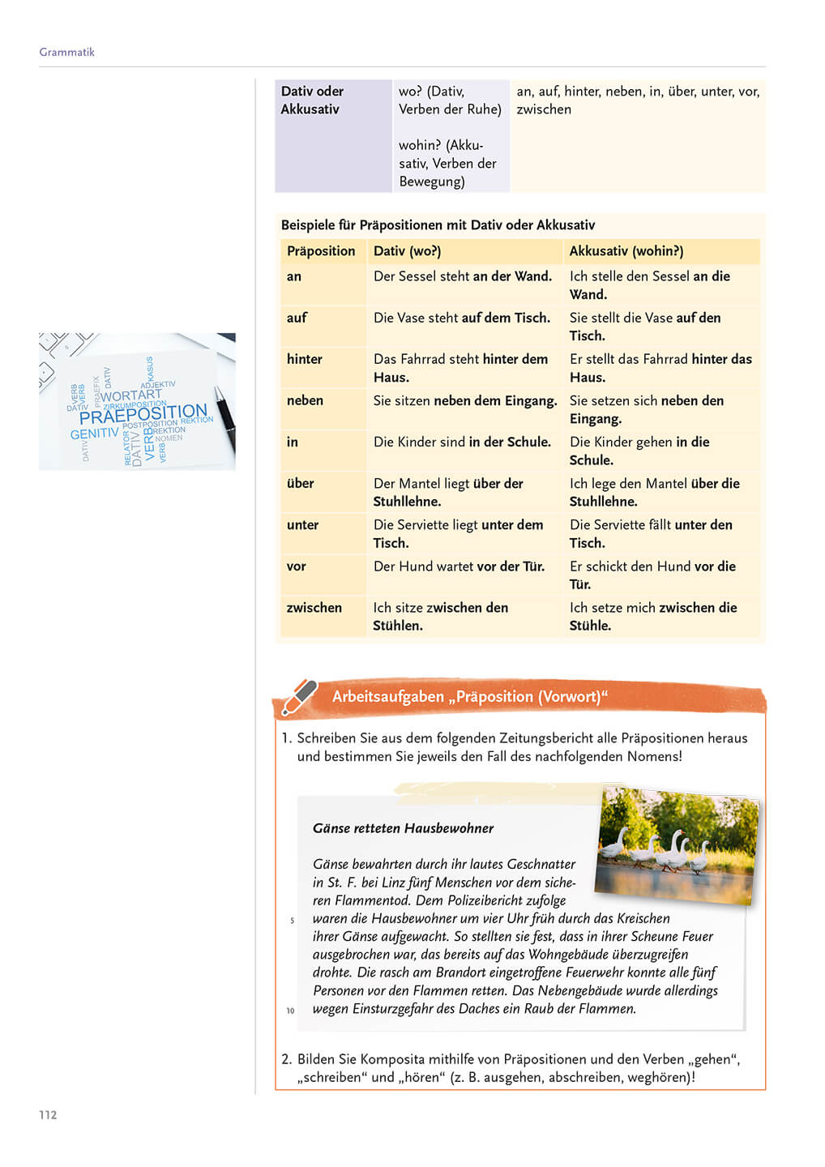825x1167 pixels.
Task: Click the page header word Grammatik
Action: point(66,52)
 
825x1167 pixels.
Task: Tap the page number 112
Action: point(48,1114)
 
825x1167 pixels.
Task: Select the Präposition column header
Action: point(321,251)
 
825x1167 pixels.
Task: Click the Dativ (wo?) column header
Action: point(407,251)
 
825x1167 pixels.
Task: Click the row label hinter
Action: point(305,359)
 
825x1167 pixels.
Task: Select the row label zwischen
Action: point(314,608)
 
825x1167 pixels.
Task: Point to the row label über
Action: point(300,484)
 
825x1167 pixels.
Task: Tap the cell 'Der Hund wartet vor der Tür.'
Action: point(459,566)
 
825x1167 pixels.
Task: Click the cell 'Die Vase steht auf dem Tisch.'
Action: point(461,318)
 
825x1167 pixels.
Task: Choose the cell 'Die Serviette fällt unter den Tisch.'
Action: point(651,533)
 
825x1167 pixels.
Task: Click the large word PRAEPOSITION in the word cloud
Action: point(143,414)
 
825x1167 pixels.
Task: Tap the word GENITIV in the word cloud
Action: point(94,434)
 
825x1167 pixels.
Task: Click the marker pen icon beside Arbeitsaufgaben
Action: point(298,697)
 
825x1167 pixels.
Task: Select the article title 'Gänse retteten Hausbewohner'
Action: point(403,828)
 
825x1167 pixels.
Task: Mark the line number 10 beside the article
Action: point(290,1011)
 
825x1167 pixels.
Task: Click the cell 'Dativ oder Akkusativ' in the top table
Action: point(312,100)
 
